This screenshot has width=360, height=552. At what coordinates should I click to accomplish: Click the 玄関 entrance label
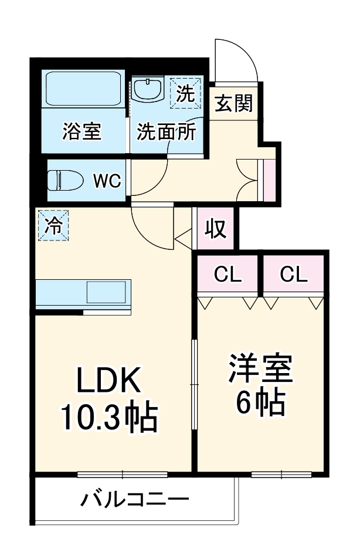click(233, 103)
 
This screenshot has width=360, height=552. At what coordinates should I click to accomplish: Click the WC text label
click(108, 181)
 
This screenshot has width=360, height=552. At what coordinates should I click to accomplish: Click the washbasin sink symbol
click(148, 91)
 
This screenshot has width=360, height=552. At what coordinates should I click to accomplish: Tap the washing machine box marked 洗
click(185, 93)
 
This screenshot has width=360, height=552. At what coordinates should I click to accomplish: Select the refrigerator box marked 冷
click(53, 225)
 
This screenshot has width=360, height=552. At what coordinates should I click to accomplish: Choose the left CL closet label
click(227, 275)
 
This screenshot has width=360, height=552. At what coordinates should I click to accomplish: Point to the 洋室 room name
click(260, 368)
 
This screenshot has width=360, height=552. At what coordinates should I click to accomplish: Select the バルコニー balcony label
click(135, 500)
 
